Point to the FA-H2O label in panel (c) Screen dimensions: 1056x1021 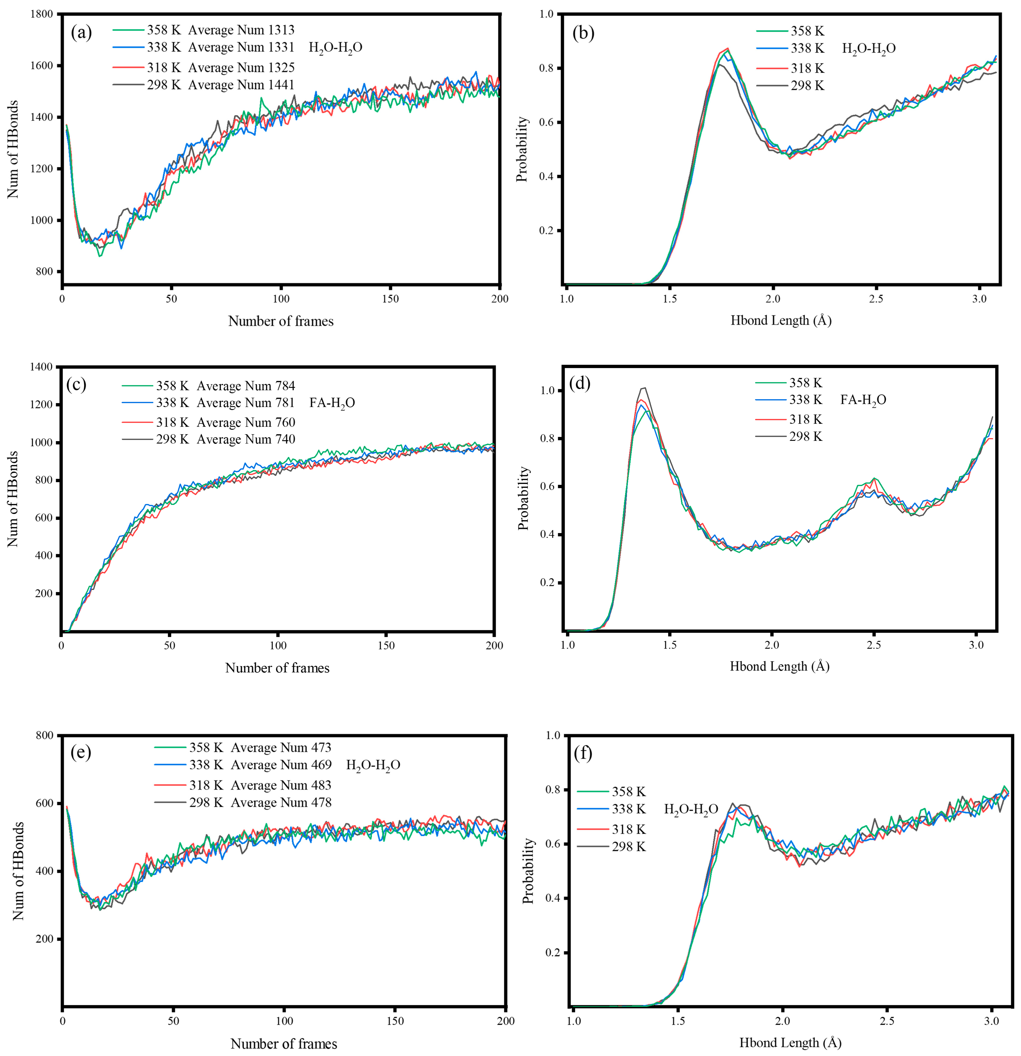coord(332,403)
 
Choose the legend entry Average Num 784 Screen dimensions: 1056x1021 coord(246,386)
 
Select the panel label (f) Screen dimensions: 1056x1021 coord(583,753)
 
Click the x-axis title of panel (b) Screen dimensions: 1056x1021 coord(781,320)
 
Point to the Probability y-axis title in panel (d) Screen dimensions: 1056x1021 coord(523,498)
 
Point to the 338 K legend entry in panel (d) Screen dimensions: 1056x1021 coord(805,400)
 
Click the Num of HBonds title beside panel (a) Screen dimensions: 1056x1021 coord(13,149)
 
